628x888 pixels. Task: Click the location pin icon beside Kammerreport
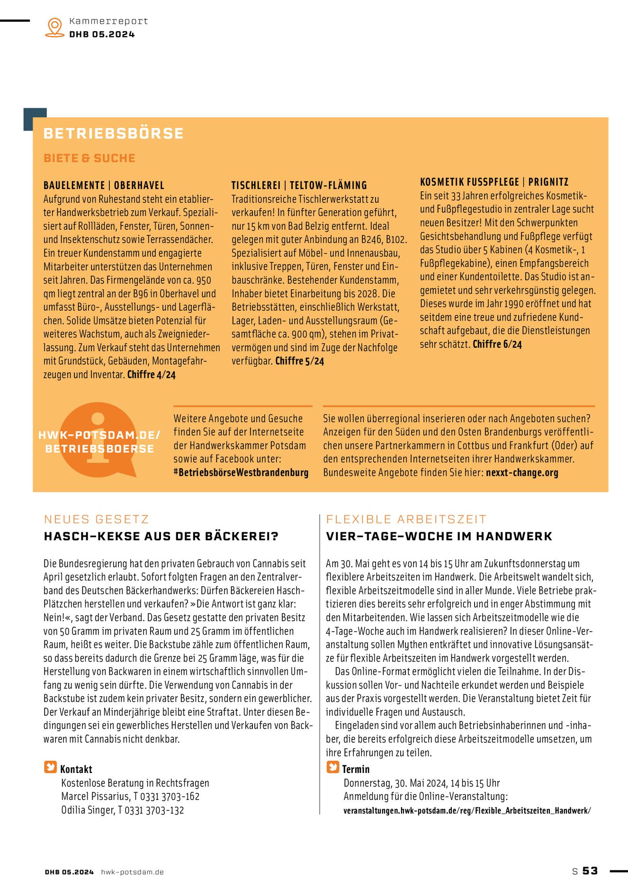point(55,27)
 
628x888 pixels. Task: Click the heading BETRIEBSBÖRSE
point(113,134)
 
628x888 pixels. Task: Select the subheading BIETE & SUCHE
point(90,158)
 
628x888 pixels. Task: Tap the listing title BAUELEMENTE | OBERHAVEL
point(104,185)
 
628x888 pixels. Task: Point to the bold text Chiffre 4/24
point(152,375)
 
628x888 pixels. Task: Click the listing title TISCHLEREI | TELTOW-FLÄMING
point(299,185)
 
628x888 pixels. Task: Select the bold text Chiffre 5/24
point(300,361)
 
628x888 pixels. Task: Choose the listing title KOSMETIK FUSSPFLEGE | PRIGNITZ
point(494,182)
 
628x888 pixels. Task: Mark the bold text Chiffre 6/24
point(497,344)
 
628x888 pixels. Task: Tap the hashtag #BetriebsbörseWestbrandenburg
point(241,473)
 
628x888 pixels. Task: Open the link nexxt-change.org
point(522,473)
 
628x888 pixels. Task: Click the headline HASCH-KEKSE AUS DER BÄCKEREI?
point(161,537)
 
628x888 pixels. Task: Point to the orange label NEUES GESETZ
point(96,520)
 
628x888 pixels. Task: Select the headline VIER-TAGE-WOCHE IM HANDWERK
point(439,537)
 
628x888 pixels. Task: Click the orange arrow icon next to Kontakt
point(50,767)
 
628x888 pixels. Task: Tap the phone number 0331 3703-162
point(170,797)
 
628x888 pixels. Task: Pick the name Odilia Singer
point(88,810)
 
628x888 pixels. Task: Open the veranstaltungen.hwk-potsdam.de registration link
point(467,810)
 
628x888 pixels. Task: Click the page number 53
point(590,871)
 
